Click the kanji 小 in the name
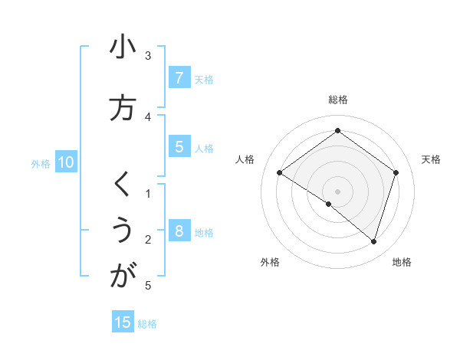[x=122, y=47]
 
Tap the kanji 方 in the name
[x=122, y=108]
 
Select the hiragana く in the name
[x=122, y=184]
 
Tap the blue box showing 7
[x=179, y=77]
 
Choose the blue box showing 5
[x=179, y=147]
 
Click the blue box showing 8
[x=179, y=231]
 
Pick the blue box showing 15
[x=123, y=322]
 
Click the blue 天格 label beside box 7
[x=204, y=79]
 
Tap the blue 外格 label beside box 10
[x=41, y=163]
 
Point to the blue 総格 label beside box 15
[x=147, y=324]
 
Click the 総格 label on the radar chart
[x=337, y=100]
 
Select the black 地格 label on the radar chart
[x=402, y=262]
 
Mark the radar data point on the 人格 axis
[x=279, y=173]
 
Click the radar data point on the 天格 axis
[x=396, y=172]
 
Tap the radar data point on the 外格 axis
[x=329, y=205]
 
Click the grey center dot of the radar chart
[x=337, y=191]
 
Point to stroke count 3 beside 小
[x=148, y=55]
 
